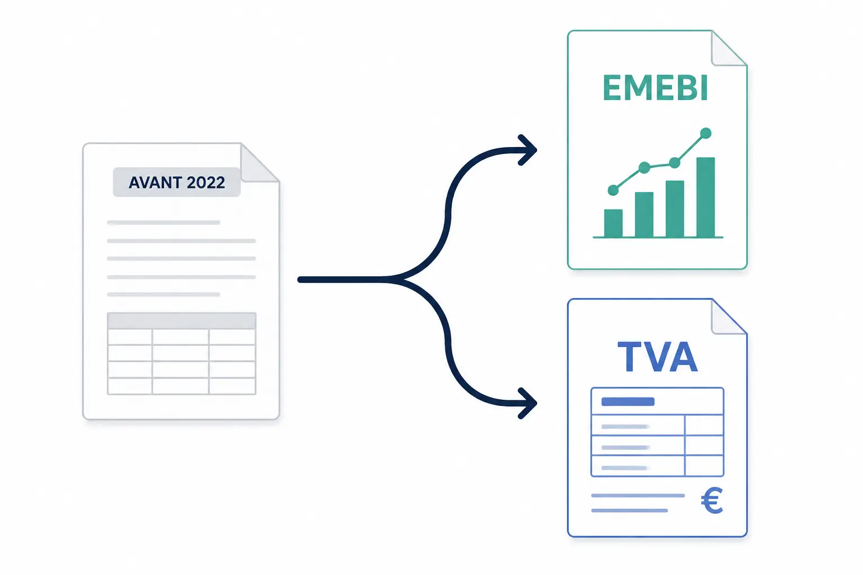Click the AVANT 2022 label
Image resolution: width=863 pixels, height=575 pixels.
[176, 182]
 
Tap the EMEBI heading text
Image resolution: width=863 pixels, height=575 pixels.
[655, 88]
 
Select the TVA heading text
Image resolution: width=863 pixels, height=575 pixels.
[657, 357]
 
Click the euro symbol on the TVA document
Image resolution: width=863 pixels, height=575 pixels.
[712, 500]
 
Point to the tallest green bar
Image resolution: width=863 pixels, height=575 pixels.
[706, 197]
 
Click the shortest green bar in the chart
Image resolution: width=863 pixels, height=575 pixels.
[613, 223]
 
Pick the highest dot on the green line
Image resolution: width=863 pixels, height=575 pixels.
[706, 133]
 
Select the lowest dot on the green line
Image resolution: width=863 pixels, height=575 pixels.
[613, 190]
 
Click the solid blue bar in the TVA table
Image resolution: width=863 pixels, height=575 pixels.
[628, 401]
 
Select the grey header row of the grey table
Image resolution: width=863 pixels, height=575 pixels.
[181, 321]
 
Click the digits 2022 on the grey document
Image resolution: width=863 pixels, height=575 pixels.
[206, 182]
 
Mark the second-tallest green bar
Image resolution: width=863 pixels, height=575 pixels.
[675, 209]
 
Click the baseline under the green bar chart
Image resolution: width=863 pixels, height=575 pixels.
[658, 237]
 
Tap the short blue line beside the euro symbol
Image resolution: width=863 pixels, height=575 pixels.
[629, 510]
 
